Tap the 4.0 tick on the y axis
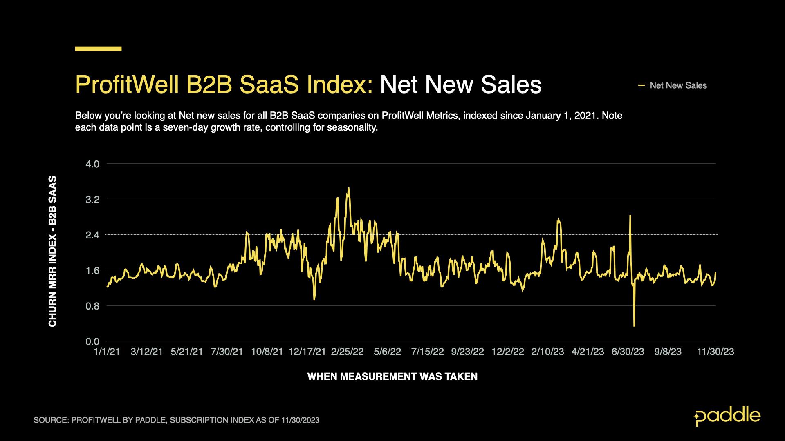(x=92, y=164)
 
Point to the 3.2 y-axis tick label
(x=92, y=200)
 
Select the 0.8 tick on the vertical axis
(x=92, y=306)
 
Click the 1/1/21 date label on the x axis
(x=107, y=352)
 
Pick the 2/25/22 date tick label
(x=347, y=352)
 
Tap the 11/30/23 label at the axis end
(x=715, y=352)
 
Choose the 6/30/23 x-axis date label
(x=628, y=352)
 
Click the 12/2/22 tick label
(x=507, y=352)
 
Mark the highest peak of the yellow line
(x=348, y=188)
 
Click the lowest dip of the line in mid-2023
(x=634, y=325)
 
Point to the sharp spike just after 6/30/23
(x=630, y=216)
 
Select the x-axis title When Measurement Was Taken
(x=392, y=376)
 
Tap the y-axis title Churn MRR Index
(x=52, y=251)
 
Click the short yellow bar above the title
(x=98, y=49)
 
